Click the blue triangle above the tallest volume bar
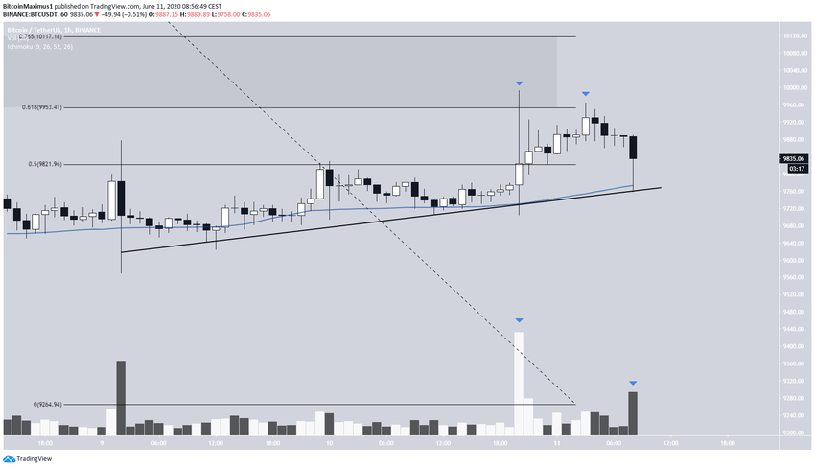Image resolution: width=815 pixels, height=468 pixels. pos(519,319)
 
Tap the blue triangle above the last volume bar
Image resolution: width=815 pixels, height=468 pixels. pos(633,383)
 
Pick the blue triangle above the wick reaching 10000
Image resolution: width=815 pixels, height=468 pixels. pos(519,83)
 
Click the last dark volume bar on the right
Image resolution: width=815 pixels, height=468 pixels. pos(633,412)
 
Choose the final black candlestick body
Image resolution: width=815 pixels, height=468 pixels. pos(633,148)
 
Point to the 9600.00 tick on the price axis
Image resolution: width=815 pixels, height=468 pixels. pos(792,260)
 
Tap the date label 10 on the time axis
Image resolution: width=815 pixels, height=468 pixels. pos(329,444)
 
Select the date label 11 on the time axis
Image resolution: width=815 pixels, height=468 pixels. pos(557,444)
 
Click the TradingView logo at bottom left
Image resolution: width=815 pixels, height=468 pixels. pos(28,458)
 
